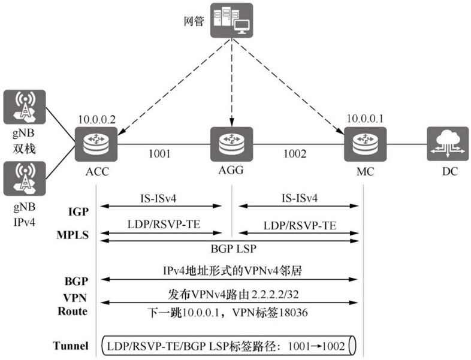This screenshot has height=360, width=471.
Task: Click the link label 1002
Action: [295, 153]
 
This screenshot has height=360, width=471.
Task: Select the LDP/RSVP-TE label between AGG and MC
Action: [299, 226]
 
